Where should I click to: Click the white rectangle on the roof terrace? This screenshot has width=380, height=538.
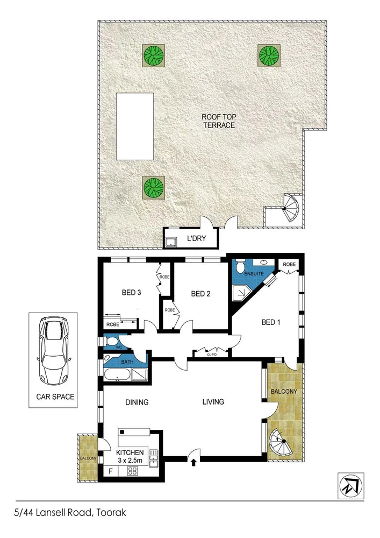click(134, 126)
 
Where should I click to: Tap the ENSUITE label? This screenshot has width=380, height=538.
click(254, 273)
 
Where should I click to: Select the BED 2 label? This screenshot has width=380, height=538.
click(200, 294)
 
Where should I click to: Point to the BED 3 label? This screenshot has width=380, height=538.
click(131, 293)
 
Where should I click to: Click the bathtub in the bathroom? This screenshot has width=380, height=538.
click(117, 374)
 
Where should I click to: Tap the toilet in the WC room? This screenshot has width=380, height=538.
click(111, 341)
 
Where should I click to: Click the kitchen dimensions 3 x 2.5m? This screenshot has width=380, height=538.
click(130, 461)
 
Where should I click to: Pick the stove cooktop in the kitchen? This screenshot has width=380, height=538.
click(132, 471)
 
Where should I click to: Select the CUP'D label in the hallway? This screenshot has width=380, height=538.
click(211, 355)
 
